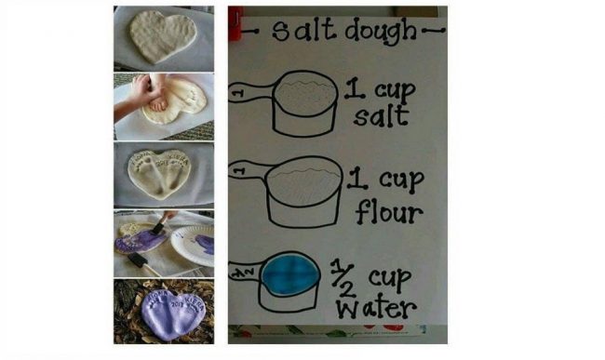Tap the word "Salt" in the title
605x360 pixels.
point(303,30)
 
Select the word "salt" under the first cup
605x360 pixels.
point(381,116)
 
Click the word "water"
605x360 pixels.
point(376,307)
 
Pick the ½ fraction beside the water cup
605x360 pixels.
point(343,278)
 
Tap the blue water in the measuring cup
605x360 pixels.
point(290,275)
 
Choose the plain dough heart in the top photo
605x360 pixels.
point(163,36)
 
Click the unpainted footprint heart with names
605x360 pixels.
point(160,173)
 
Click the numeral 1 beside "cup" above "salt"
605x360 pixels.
point(355,88)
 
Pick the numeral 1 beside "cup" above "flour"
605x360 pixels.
point(357,179)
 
